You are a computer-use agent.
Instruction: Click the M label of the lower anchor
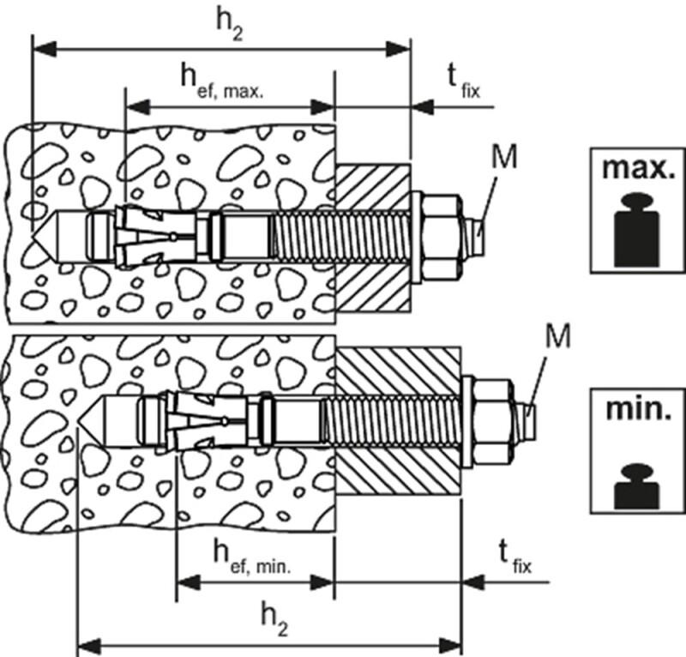(557, 336)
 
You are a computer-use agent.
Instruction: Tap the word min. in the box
(637, 410)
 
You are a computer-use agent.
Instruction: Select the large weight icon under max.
(637, 231)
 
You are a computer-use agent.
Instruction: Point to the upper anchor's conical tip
(43, 232)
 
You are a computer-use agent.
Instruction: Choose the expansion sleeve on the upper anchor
(154, 234)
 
